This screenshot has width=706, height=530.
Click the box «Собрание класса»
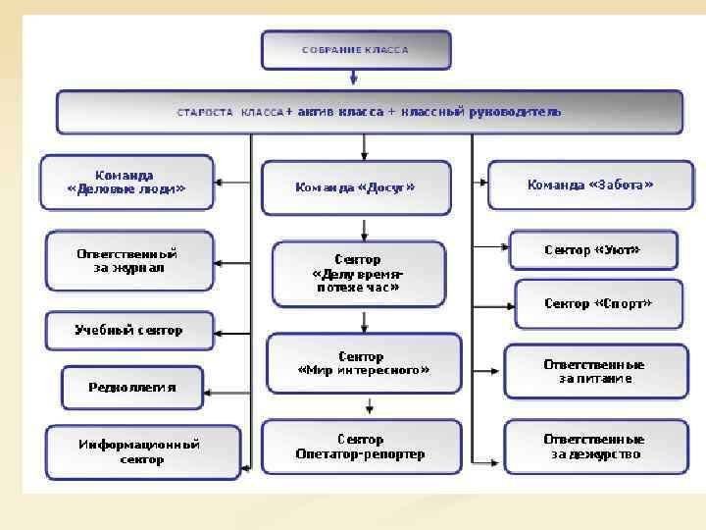(x=355, y=49)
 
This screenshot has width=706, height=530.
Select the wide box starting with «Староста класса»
(x=369, y=112)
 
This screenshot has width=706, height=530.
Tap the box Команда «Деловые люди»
(x=126, y=182)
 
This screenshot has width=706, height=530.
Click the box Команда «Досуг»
(x=355, y=186)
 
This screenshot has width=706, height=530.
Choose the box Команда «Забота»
(x=589, y=184)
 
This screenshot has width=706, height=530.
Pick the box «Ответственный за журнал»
(x=128, y=260)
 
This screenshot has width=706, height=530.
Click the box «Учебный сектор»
(x=128, y=330)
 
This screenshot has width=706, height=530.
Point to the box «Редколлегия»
(x=132, y=387)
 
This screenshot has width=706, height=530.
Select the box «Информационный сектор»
(x=141, y=451)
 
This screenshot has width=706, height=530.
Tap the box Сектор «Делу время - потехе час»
(x=363, y=274)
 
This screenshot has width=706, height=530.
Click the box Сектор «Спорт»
(x=597, y=303)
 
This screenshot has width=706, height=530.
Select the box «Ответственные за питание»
(x=593, y=371)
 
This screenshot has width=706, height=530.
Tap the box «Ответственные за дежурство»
(x=594, y=447)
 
